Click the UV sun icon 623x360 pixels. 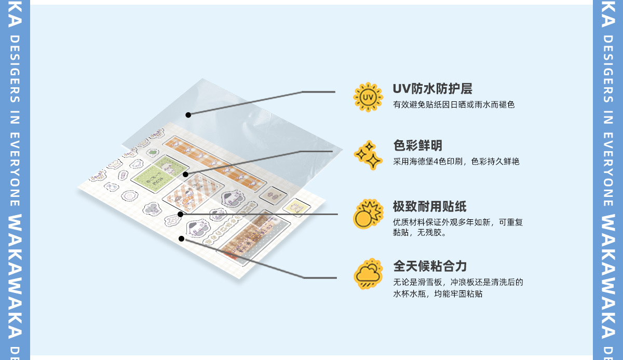tap(368, 97)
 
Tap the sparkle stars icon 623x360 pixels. tap(368, 155)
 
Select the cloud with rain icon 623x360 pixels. tap(368, 274)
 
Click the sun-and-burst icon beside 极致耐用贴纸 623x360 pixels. tap(368, 214)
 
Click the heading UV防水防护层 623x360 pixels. tap(432, 89)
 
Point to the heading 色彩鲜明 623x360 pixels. tap(417, 145)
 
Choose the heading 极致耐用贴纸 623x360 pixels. tap(429, 207)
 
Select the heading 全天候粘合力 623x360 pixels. tap(429, 266)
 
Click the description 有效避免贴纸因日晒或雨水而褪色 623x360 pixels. tap(454, 105)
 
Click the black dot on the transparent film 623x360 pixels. tap(188, 115)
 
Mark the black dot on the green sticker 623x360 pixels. tap(185, 175)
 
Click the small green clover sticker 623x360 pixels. tap(152, 153)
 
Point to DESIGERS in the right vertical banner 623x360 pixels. tap(608, 68)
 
